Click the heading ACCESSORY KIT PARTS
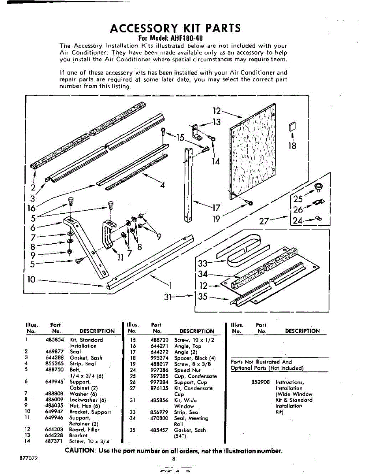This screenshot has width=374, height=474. tap(175, 28)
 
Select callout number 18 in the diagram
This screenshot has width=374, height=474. tap(292, 146)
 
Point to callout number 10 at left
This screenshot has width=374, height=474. tap(31, 280)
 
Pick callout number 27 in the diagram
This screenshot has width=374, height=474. tap(264, 222)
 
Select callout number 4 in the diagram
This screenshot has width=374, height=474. tap(162, 184)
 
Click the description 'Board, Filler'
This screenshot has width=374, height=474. tap(84, 429)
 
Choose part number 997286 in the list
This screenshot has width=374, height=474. tap(159, 370)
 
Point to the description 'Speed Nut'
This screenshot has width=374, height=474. tap(187, 370)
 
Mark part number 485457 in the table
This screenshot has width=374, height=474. tap(159, 430)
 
